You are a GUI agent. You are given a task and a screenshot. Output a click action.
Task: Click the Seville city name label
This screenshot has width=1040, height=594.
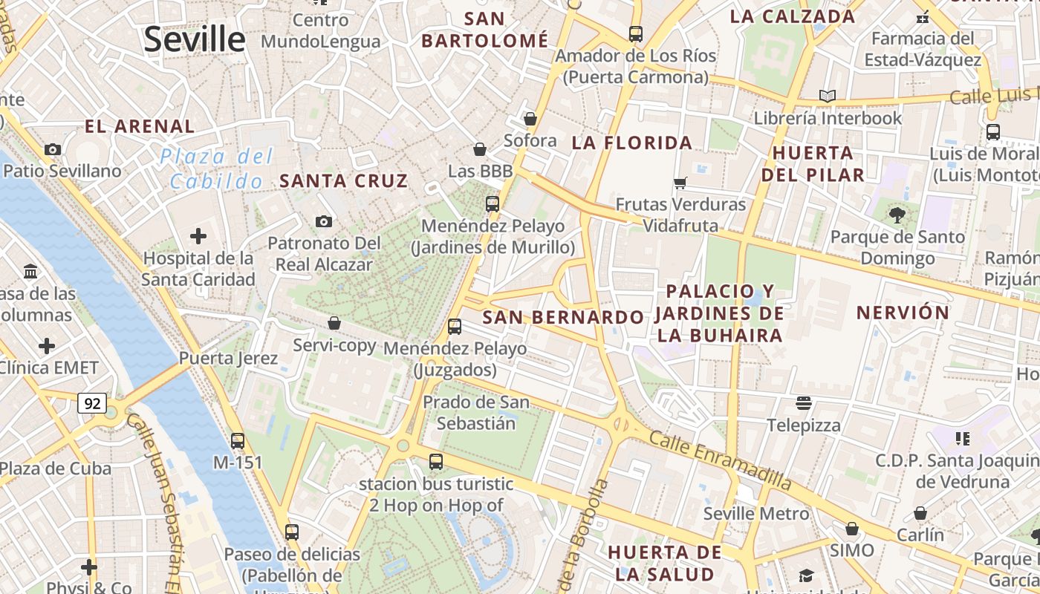[x=194, y=39]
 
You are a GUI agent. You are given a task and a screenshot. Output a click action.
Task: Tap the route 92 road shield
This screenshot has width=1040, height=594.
[x=92, y=404]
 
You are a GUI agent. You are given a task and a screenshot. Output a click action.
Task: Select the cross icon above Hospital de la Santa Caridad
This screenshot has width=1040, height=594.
[x=198, y=237]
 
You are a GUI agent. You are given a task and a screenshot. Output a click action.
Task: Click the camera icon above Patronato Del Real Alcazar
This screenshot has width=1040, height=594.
[x=323, y=221]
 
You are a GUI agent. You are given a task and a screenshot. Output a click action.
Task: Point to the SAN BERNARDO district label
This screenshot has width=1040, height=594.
[x=563, y=317]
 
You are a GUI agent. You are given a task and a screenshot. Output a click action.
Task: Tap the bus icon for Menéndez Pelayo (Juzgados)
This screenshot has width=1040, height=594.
[x=455, y=326]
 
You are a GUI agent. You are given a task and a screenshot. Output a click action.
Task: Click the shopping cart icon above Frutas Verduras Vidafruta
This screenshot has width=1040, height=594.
[x=680, y=183]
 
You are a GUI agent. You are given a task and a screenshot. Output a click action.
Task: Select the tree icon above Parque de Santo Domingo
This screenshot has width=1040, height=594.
[x=897, y=215]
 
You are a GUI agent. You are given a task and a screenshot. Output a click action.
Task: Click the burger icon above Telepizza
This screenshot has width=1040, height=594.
[x=803, y=403]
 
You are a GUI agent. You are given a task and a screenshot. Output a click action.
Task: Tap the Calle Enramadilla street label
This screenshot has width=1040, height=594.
[x=720, y=459]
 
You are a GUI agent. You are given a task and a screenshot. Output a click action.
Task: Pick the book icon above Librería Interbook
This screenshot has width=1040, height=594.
[x=827, y=96]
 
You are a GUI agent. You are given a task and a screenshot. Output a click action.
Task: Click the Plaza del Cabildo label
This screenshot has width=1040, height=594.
[x=216, y=169]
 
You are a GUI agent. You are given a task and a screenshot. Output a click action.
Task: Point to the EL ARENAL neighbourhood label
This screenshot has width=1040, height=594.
[x=140, y=126]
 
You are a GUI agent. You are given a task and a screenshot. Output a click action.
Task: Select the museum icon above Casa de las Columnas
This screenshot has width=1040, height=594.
[x=30, y=272]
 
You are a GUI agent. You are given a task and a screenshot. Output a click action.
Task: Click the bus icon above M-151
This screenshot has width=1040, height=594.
[x=238, y=440]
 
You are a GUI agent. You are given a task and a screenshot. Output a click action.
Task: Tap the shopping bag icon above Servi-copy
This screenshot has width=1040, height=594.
[x=334, y=323]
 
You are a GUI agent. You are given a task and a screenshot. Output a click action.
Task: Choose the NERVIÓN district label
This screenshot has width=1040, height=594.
[x=903, y=313]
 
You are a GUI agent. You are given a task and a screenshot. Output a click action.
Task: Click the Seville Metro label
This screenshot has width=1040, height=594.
[x=755, y=514]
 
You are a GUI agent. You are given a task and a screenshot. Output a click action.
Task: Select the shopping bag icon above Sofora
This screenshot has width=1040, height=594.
[x=530, y=119]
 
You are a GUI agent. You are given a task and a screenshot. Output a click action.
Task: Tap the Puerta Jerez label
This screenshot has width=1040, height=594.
[x=228, y=359]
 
